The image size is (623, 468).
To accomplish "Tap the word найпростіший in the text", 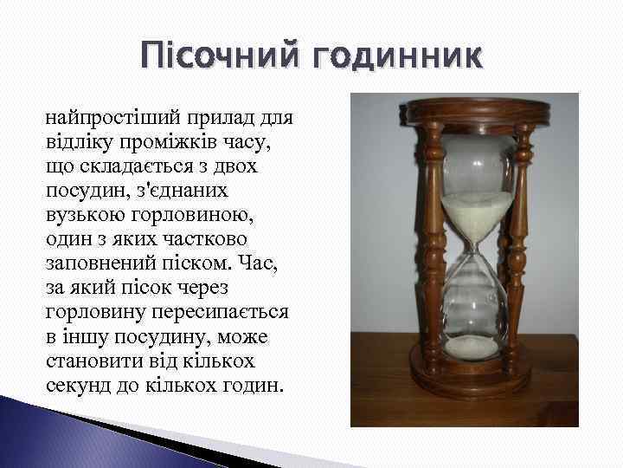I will click(x=105, y=115).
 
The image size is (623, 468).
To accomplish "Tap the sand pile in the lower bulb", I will click(x=472, y=347).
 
